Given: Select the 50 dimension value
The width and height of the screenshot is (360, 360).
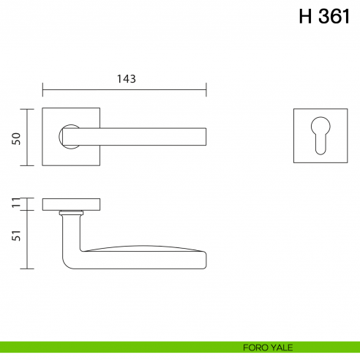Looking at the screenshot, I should pyautogui.click(x=16, y=138).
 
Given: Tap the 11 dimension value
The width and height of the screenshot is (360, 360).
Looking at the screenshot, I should pyautogui.click(x=16, y=203).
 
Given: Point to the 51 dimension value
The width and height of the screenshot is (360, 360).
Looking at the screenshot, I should pyautogui.click(x=16, y=236).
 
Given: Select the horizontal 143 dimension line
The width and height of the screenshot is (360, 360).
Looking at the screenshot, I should pyautogui.click(x=125, y=91).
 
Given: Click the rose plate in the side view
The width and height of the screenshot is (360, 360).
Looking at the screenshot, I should pyautogui.click(x=72, y=203).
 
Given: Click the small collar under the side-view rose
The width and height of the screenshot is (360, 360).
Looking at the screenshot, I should pyautogui.click(x=70, y=213).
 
